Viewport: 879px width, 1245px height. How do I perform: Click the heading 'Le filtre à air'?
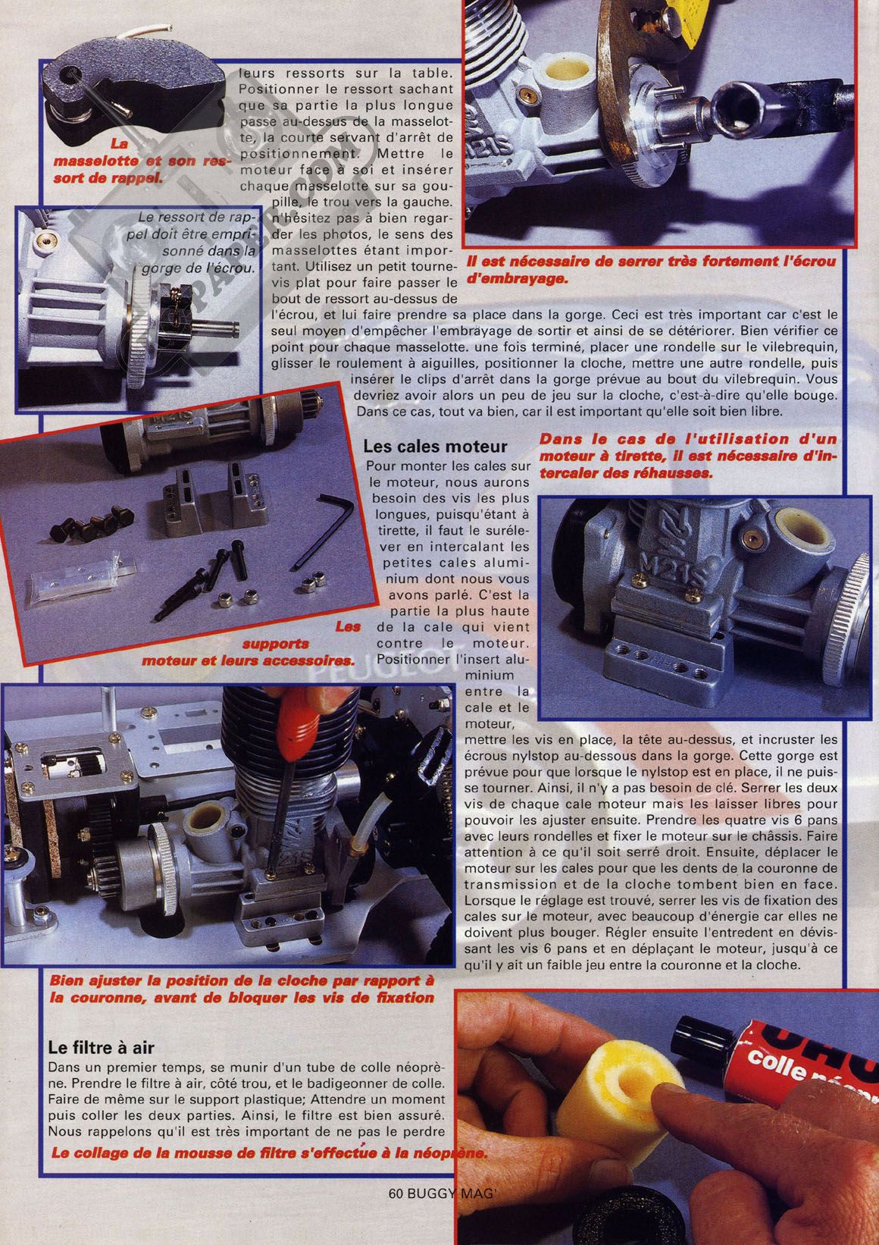pyautogui.click(x=101, y=1049)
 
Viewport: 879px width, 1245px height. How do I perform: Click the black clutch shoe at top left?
pyautogui.click(x=133, y=97)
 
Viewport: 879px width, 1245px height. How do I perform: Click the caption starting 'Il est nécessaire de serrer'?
pyautogui.click(x=650, y=270)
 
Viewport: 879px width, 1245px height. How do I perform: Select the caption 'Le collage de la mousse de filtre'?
pyautogui.click(x=269, y=1150)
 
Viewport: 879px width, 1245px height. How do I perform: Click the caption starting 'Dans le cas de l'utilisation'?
pyautogui.click(x=688, y=456)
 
